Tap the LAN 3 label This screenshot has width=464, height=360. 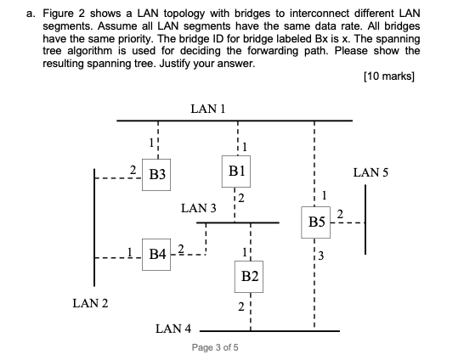pos(198,208)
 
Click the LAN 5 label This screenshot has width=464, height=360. pos(371,172)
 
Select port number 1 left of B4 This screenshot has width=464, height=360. pos(128,249)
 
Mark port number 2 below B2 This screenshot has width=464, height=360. pos(240,307)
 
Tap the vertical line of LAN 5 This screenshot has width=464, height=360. pos(365,218)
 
